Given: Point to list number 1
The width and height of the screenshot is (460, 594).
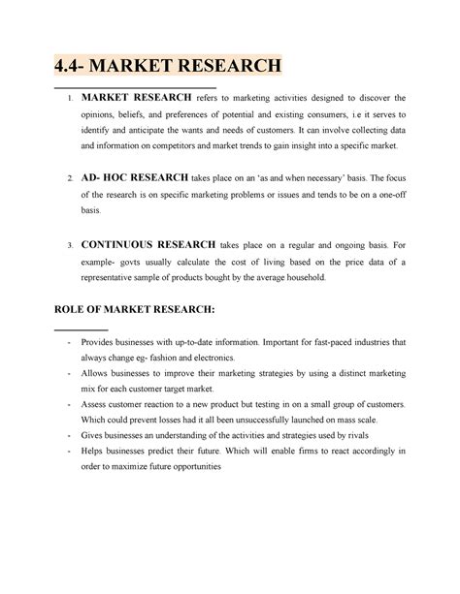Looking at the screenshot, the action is point(70,99).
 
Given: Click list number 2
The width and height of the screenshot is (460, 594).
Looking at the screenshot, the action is point(70,180).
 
